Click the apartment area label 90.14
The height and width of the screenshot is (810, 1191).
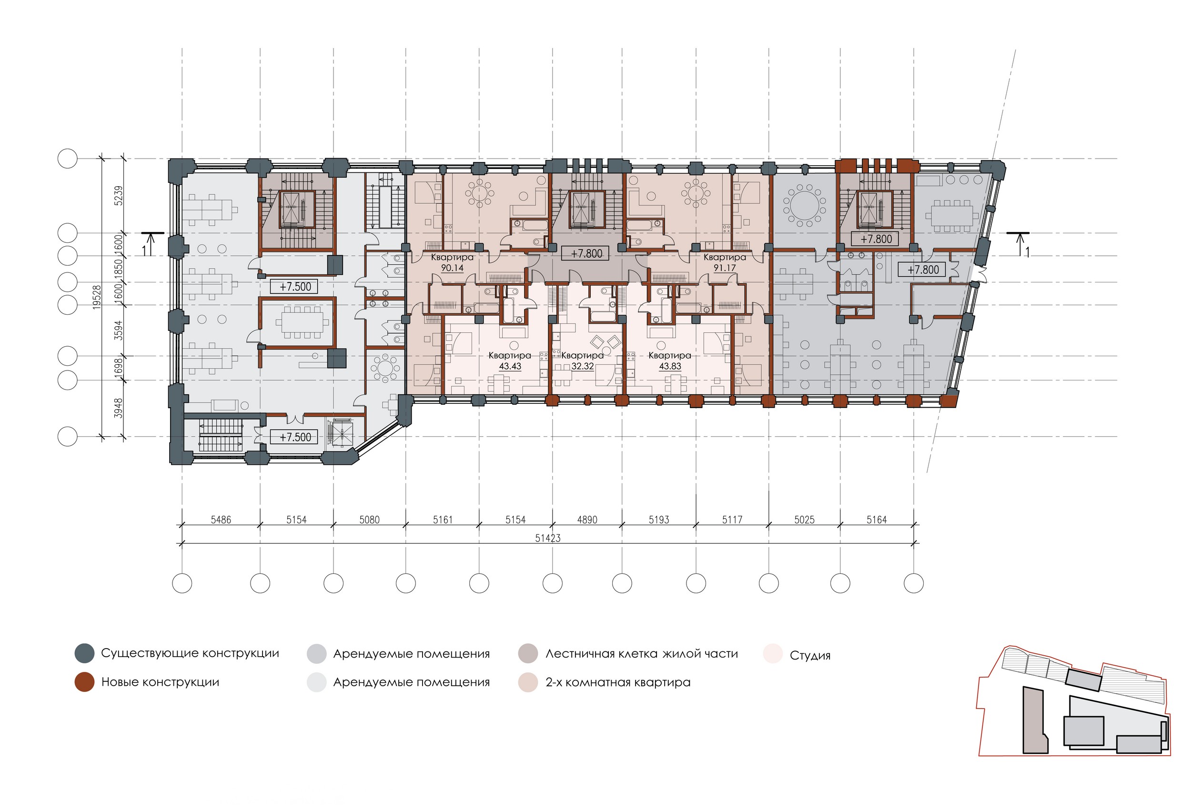[x=452, y=268]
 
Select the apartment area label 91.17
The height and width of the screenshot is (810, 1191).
[x=724, y=268]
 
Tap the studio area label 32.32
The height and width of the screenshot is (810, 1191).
[x=582, y=366]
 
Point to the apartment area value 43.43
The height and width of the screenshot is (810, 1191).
[x=510, y=366]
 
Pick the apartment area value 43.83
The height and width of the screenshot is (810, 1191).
[x=670, y=366]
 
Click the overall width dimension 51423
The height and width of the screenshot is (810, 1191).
[x=548, y=538]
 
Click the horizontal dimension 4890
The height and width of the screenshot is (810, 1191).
[x=587, y=520]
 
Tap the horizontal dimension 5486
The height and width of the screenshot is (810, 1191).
[x=221, y=520]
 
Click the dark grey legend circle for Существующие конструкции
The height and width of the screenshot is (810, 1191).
[x=84, y=653]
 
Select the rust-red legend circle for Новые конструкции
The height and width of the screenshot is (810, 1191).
[x=84, y=682]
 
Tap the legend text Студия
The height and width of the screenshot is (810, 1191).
[x=810, y=655]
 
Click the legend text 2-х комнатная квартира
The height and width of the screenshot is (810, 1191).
[x=618, y=682]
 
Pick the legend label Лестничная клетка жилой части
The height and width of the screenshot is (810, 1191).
[x=642, y=654]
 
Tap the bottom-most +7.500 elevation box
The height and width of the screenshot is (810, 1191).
[x=295, y=437]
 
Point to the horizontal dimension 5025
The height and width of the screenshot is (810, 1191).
[x=804, y=520]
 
